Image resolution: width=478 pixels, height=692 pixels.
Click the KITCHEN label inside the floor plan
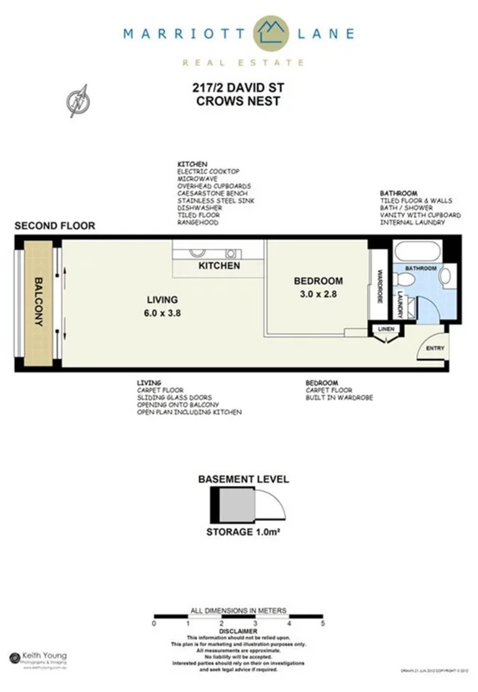[219, 265]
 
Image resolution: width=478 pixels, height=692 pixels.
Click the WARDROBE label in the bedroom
[378, 286]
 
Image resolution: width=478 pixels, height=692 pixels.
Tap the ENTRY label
[435, 348]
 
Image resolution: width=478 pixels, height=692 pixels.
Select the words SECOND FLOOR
[54, 225]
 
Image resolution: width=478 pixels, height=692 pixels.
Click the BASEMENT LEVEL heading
[243, 479]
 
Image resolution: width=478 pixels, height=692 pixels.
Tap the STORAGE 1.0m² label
[243, 531]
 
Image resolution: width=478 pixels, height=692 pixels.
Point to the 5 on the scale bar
[322, 623]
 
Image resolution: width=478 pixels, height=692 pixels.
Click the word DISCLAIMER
[239, 631]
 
